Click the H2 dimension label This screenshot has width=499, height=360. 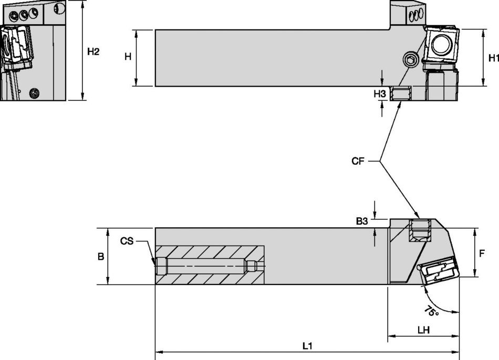[x=93, y=51]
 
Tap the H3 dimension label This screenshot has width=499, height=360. [x=380, y=94]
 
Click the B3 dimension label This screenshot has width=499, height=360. [x=362, y=221]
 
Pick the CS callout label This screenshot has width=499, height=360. [x=127, y=241]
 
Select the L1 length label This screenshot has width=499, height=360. [x=307, y=346]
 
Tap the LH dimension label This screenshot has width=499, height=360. [x=423, y=331]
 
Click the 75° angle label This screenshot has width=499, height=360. [x=431, y=312]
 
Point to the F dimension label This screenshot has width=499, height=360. [x=482, y=253]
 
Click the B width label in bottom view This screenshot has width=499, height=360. [x=100, y=257]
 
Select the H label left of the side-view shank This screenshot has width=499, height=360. [x=128, y=57]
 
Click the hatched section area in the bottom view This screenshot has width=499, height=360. [x=210, y=265]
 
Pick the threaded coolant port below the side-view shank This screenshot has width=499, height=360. [x=401, y=94]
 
